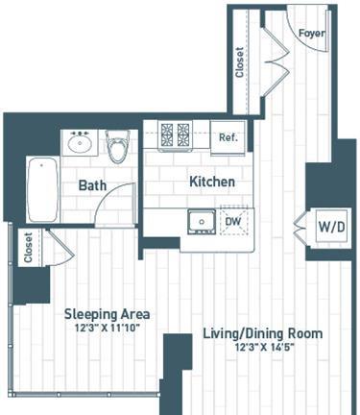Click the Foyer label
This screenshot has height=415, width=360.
(x=312, y=33)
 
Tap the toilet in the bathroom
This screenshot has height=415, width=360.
(x=117, y=146)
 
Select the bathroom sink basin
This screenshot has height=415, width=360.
(x=80, y=143)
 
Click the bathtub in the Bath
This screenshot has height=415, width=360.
(x=43, y=189)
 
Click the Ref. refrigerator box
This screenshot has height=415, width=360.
(x=228, y=137)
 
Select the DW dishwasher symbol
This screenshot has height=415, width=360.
(x=234, y=221)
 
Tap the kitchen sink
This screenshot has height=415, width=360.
(x=202, y=222)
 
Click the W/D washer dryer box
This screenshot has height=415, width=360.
(x=331, y=227)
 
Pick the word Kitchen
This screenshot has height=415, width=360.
(x=212, y=182)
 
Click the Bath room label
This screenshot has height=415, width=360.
(x=92, y=185)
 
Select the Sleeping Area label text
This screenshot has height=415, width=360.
(x=107, y=314)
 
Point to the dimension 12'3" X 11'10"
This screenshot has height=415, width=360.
(x=108, y=328)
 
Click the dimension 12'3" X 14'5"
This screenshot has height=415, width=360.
(x=264, y=347)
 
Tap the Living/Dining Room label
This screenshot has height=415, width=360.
(x=263, y=333)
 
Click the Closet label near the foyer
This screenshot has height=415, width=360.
(x=239, y=62)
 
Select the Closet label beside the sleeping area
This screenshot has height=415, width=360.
(x=28, y=248)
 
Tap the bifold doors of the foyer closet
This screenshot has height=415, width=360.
(x=276, y=61)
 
